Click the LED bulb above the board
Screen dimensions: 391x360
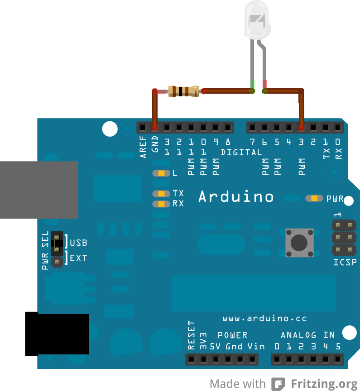click(257, 20)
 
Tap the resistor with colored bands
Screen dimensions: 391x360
click(183, 91)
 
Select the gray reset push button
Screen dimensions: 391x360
click(299, 243)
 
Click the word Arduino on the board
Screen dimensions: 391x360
click(236, 197)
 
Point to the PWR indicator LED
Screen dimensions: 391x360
click(314, 198)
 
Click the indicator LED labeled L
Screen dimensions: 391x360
click(161, 173)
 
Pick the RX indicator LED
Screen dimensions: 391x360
click(161, 204)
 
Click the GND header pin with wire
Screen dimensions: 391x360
click(155, 127)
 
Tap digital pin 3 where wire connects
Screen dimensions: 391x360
click(301, 127)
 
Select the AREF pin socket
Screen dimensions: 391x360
click(143, 127)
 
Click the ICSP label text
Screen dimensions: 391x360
click(345, 262)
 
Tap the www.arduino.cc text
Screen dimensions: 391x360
click(265, 319)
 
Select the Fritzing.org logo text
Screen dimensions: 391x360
click(324, 384)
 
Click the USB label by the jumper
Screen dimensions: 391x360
click(79, 243)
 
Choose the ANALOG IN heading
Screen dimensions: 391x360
click(307, 335)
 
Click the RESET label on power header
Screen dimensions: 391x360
click(192, 335)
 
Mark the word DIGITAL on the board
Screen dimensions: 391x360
click(241, 153)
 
